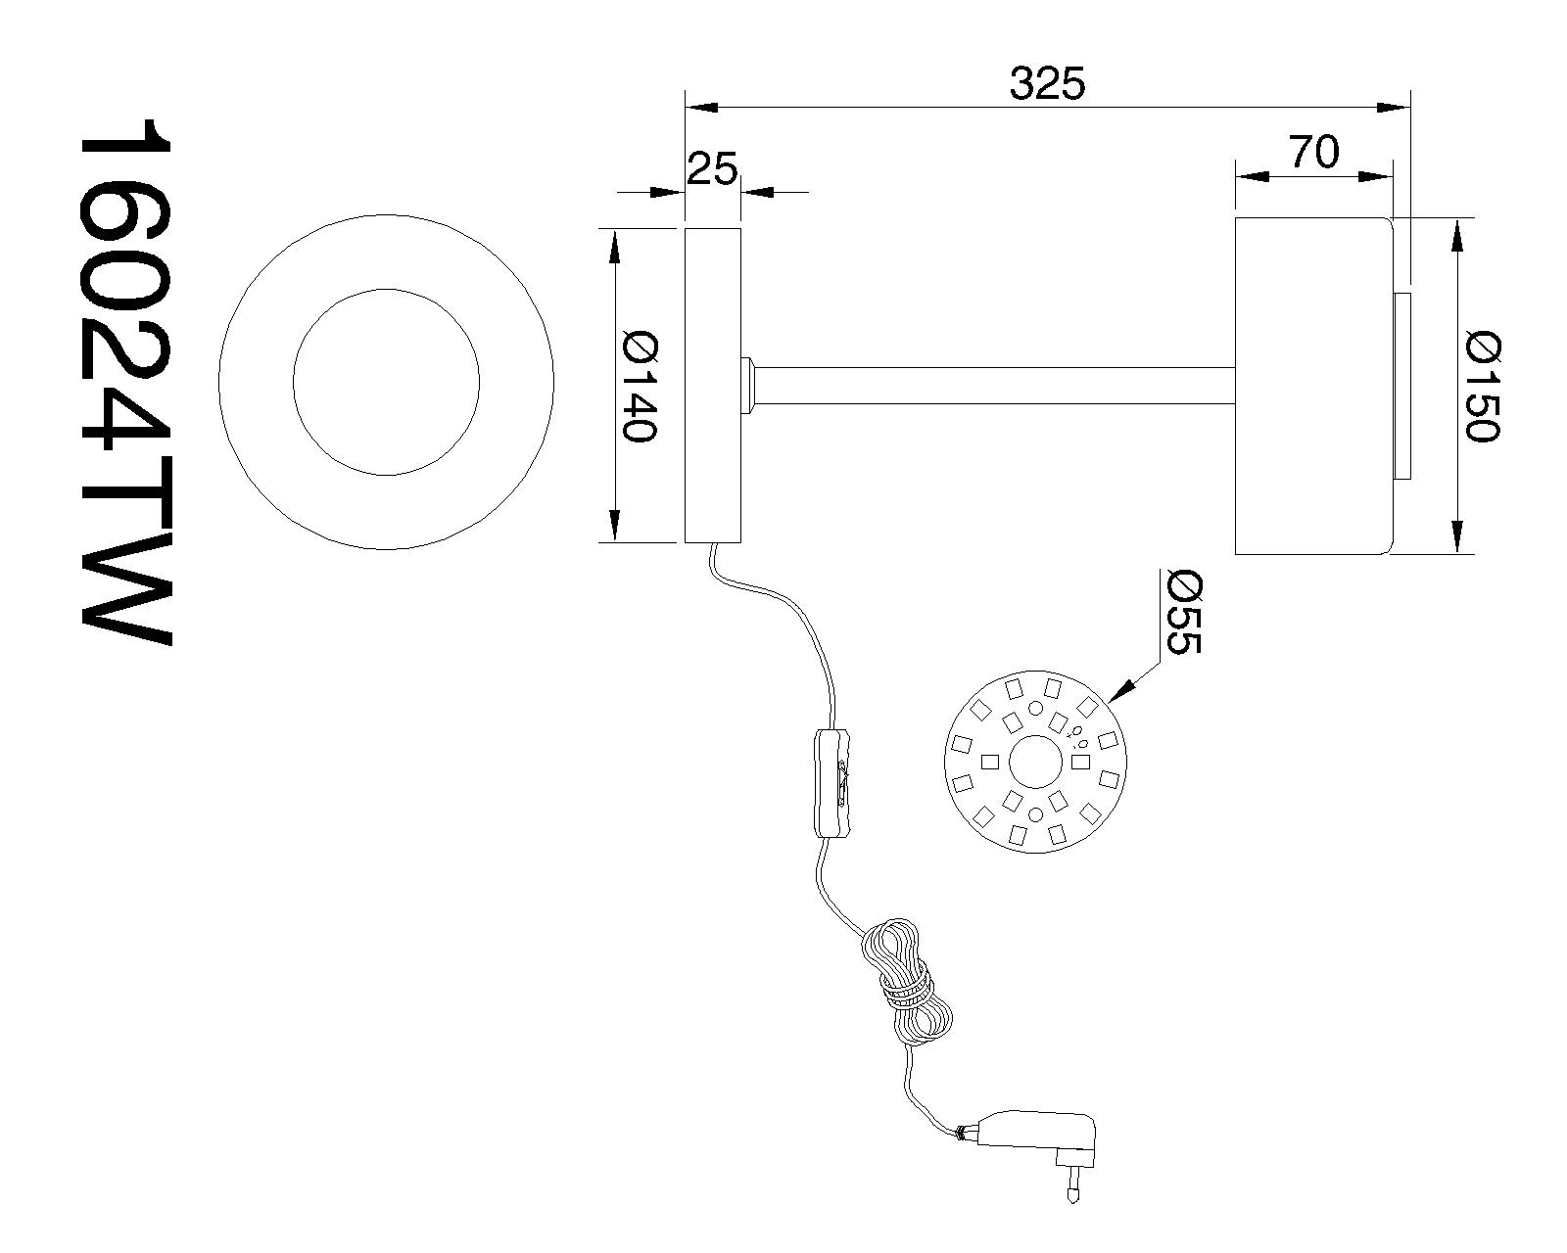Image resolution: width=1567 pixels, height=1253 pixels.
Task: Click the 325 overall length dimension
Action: coord(1047,85)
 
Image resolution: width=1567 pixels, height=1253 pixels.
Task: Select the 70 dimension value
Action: coord(1312,153)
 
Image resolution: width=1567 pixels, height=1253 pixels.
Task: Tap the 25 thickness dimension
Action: coord(711,169)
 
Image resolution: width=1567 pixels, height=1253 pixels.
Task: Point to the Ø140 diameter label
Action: coord(638,387)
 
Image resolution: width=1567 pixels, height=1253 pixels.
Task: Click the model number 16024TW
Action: coord(125,382)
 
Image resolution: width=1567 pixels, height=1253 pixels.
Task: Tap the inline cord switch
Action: coord(831,782)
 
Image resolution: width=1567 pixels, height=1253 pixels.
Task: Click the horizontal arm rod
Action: coord(989,385)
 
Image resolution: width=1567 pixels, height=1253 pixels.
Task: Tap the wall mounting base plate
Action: coord(712,385)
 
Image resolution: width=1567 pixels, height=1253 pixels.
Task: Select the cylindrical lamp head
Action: coord(1312,386)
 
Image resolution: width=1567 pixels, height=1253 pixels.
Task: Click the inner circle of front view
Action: coord(386,381)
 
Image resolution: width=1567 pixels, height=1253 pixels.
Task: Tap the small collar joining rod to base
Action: coord(748,385)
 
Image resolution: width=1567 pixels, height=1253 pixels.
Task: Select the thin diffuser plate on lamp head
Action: coord(1402,386)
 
